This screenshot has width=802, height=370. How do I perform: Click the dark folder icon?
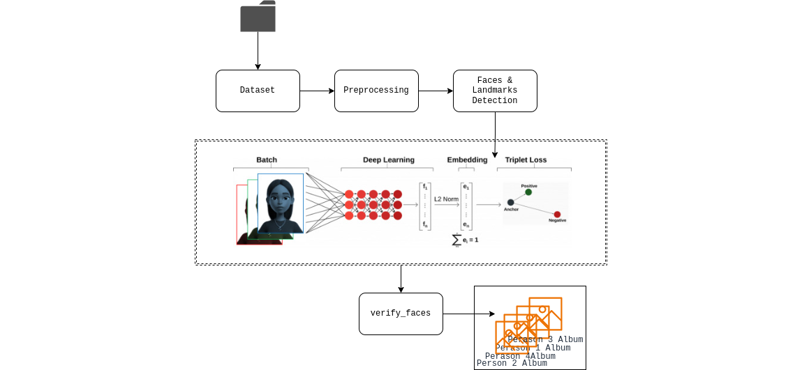point(258,17)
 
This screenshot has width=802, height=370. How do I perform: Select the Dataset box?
point(258,91)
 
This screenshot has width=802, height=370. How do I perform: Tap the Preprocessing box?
point(376,91)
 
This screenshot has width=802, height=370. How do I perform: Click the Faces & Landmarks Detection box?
point(495,91)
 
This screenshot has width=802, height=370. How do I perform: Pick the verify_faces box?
point(401,314)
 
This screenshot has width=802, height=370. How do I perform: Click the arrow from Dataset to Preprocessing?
point(317,91)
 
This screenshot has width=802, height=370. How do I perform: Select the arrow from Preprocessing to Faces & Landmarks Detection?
point(436,91)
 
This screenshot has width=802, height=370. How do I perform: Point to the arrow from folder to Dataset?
point(258,50)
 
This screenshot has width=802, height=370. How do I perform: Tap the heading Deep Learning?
point(388,160)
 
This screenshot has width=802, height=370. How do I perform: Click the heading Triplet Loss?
point(526,160)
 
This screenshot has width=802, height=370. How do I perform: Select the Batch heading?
point(267,160)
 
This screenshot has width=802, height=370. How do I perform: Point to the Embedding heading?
point(467,160)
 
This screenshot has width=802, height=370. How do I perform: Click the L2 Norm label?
point(446,199)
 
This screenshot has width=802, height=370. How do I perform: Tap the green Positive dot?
point(528,192)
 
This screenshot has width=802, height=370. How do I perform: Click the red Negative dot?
point(557,215)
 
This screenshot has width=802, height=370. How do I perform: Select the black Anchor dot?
point(510,202)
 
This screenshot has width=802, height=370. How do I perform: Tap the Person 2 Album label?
point(512,363)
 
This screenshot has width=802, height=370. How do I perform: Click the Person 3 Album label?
point(545,339)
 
